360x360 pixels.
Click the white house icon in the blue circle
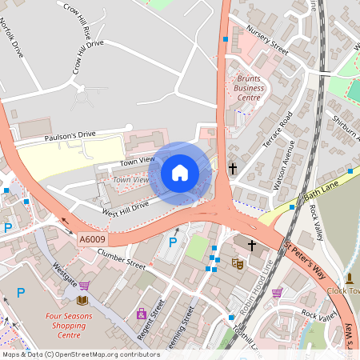click(x=180, y=172)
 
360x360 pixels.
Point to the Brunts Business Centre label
click(x=250, y=88)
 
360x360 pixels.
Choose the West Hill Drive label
click(x=124, y=209)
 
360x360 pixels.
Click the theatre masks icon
click(x=237, y=263)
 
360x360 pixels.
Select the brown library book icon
click(x=82, y=300)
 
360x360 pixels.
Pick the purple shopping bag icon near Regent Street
click(x=142, y=314)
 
